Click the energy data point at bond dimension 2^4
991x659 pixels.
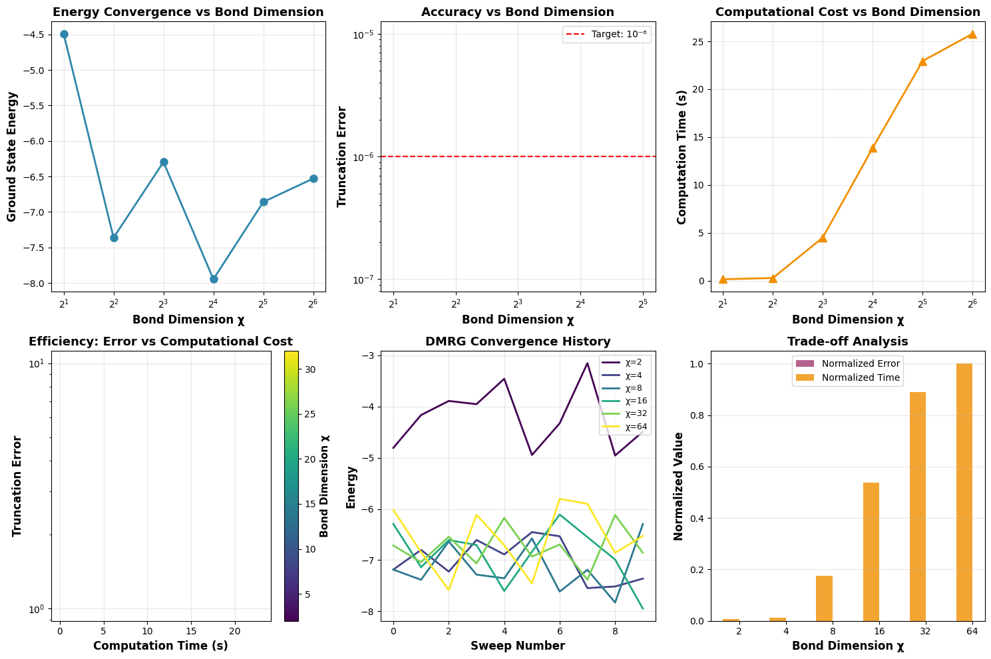coord(214,279)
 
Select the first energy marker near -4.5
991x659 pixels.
coord(64,34)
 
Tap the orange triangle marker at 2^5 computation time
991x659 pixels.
coord(922,61)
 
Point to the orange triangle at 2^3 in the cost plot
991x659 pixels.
coord(823,238)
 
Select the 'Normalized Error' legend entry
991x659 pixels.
coord(846,363)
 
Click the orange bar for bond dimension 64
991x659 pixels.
coord(964,492)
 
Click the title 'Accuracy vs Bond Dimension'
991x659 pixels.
coord(517,12)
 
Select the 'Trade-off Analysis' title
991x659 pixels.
coord(847,341)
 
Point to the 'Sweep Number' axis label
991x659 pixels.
coord(517,646)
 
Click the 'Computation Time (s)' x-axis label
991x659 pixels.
coord(160,646)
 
